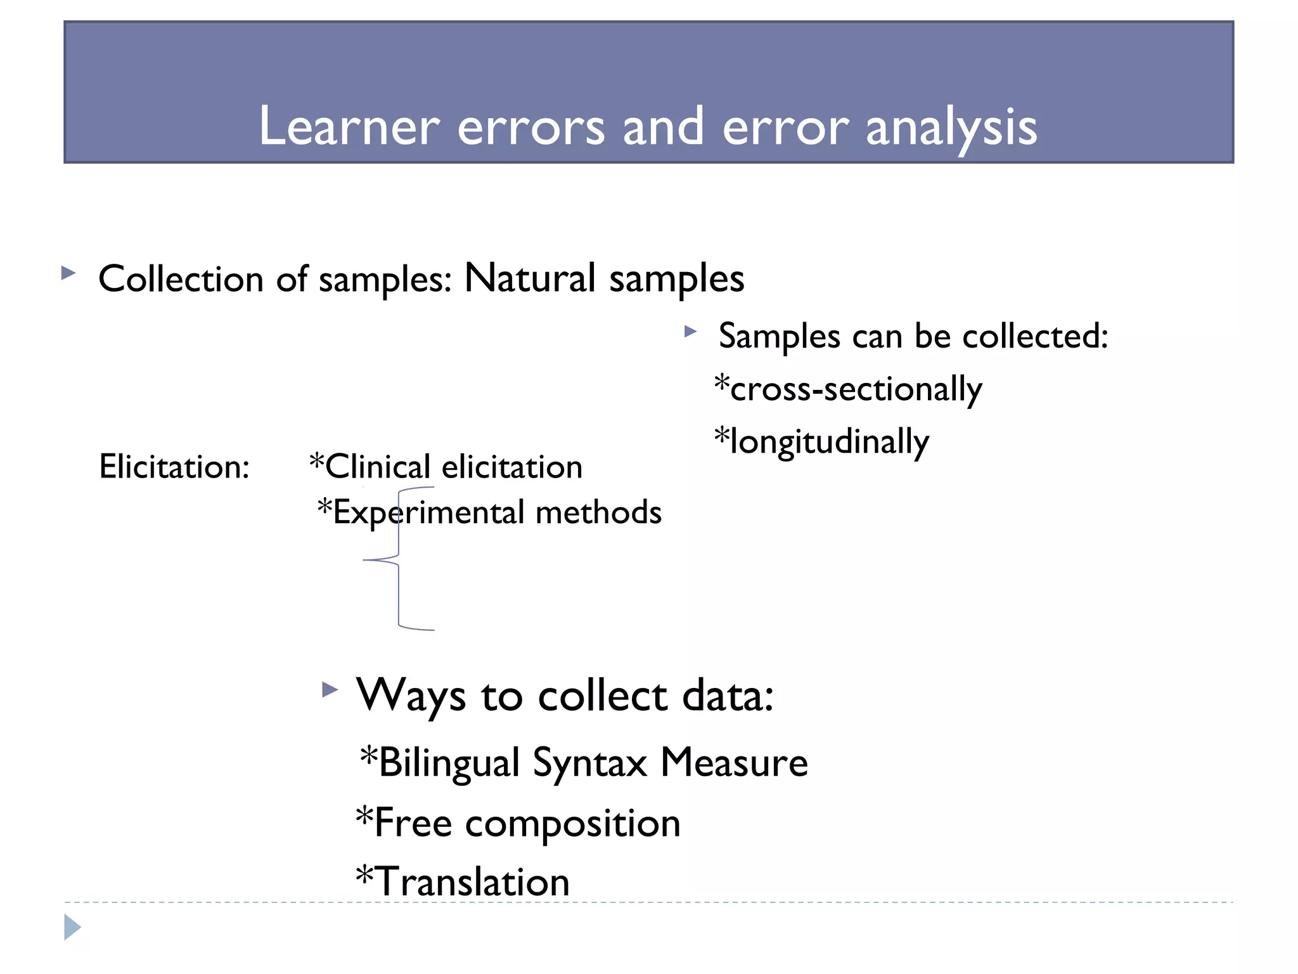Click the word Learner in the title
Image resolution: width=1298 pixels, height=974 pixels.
pyautogui.click(x=349, y=126)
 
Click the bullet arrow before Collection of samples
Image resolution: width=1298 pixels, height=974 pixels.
pyautogui.click(x=68, y=273)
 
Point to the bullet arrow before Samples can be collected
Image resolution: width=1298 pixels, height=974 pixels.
pyautogui.click(x=690, y=331)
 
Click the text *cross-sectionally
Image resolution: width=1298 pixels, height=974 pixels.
pyautogui.click(x=848, y=389)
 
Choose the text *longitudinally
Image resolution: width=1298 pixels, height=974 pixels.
pyautogui.click(x=821, y=441)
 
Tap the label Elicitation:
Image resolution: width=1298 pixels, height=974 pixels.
pyautogui.click(x=174, y=467)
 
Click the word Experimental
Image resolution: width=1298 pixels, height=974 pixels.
pyautogui.click(x=428, y=512)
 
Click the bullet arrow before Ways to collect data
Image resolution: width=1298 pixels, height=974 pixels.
pyautogui.click(x=330, y=689)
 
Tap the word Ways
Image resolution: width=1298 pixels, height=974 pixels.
pyautogui.click(x=411, y=696)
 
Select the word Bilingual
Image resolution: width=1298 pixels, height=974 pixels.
pyautogui.click(x=449, y=762)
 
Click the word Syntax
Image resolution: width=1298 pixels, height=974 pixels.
pyautogui.click(x=589, y=762)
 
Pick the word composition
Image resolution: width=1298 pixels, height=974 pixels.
pyautogui.click(x=572, y=823)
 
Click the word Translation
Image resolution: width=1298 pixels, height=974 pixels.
pyautogui.click(x=472, y=881)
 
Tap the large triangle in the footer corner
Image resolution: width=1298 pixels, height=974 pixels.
pyautogui.click(x=72, y=927)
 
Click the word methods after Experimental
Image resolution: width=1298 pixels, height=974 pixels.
pyautogui.click(x=598, y=512)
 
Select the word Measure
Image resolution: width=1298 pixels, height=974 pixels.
pyautogui.click(x=734, y=762)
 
